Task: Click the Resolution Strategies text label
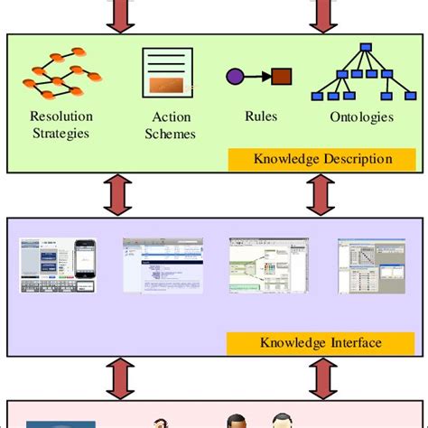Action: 60,125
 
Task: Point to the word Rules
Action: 260,116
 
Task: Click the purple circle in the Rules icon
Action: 234,76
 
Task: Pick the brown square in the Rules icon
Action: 281,76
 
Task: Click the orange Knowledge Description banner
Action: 322,159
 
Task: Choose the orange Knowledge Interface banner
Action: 321,342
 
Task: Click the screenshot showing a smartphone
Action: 58,265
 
